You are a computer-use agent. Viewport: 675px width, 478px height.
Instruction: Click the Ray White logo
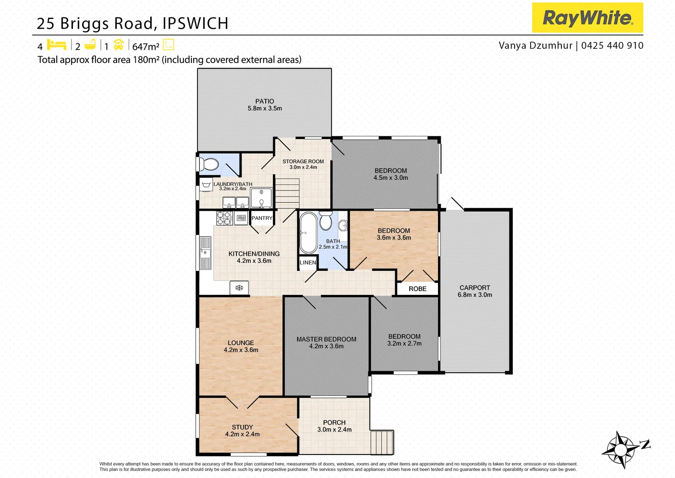pos(587,18)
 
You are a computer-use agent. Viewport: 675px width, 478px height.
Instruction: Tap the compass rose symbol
pos(621,450)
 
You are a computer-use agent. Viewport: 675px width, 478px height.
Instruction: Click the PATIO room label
pos(264,101)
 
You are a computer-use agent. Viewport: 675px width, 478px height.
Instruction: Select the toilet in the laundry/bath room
pos(208,164)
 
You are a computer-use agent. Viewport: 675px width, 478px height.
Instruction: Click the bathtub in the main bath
pos(308,232)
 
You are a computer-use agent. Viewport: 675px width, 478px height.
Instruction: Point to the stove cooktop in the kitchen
pos(224,218)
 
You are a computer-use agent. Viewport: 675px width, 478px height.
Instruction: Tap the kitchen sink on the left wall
pos(205,253)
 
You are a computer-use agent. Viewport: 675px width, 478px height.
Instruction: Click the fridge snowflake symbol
pos(239,288)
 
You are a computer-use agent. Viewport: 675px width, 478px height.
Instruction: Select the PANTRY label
pos(262,218)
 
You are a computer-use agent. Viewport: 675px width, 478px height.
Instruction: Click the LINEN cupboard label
pos(308,262)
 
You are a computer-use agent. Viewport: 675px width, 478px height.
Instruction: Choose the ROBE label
pos(417,289)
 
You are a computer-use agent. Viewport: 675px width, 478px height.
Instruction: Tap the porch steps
pos(381,442)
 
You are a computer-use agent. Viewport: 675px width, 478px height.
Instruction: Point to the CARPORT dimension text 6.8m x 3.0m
pos(475,295)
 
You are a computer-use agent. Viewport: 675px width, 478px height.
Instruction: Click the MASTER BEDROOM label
pos(326,339)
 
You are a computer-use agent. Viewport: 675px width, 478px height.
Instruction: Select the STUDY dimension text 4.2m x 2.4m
pos(242,434)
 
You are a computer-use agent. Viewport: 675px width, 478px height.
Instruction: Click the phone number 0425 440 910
pos(612,46)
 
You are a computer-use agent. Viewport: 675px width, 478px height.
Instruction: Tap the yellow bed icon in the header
pos(57,45)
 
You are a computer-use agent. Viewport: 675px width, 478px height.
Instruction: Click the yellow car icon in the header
pos(118,45)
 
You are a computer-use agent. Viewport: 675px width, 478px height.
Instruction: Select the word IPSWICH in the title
pos(195,23)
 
